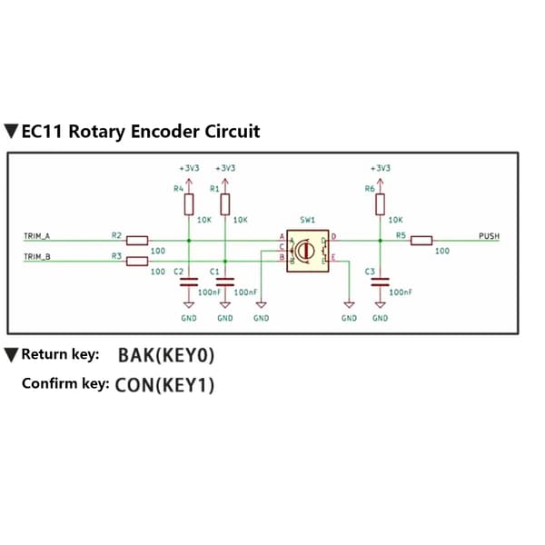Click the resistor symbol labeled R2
point(137,241)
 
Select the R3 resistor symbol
point(137,261)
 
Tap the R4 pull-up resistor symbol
point(189,204)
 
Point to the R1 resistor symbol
point(225,204)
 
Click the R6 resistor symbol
point(381,204)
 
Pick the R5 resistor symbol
point(421,241)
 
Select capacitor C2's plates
point(189,282)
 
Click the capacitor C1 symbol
point(225,282)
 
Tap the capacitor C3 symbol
point(381,282)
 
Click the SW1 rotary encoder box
point(308,251)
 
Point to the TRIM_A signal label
point(37,236)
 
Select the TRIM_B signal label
point(37,257)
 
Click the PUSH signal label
point(489,236)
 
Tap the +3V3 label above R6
point(381,168)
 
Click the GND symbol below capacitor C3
point(381,305)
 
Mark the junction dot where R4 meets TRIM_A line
point(189,241)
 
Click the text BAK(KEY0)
point(166,355)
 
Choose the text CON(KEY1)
point(164,385)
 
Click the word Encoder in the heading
point(165,132)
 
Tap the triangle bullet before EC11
point(11,131)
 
